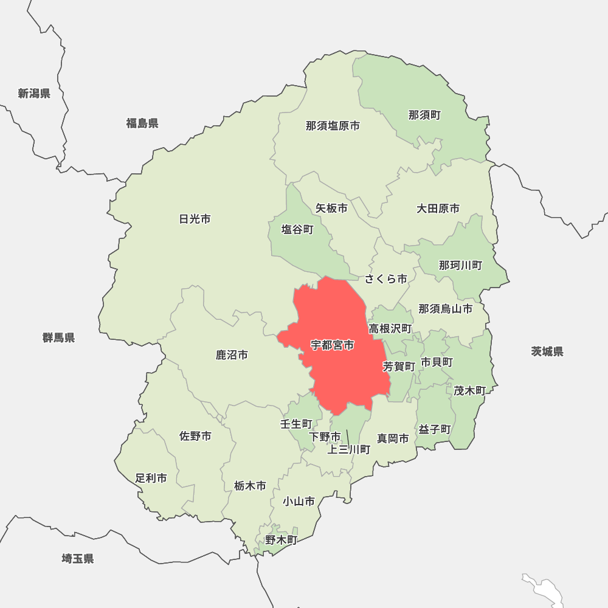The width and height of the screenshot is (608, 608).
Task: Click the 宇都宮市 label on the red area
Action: coord(332,345)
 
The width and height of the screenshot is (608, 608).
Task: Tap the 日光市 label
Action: coord(195,219)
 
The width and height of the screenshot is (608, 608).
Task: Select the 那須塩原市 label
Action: coord(333,126)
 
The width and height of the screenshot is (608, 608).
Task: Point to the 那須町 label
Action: coord(424,115)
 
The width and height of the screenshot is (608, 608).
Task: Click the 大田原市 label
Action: coord(438,209)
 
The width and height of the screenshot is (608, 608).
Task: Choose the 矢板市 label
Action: coord(331,208)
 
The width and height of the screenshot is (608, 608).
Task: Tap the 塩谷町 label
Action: coord(297,230)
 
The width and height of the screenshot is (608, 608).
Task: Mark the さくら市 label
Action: coord(386,279)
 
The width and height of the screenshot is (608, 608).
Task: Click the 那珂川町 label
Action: coord(460,265)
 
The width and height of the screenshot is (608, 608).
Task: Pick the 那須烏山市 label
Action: coord(445,309)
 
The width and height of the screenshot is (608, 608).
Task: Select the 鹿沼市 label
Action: coord(232,354)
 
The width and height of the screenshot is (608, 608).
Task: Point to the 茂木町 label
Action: coord(469,390)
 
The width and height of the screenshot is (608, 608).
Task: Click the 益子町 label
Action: coord(435,429)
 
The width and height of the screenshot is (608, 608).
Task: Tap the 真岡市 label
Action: coord(393,438)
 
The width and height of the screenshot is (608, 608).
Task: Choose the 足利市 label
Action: coord(151,478)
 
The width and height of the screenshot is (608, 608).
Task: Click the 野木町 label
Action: coord(281,540)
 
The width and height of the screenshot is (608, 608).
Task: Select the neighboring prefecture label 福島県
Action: coord(142,123)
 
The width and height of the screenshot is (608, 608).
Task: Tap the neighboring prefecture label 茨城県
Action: coord(547,351)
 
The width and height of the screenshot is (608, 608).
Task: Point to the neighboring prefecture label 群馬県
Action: coord(58,337)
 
